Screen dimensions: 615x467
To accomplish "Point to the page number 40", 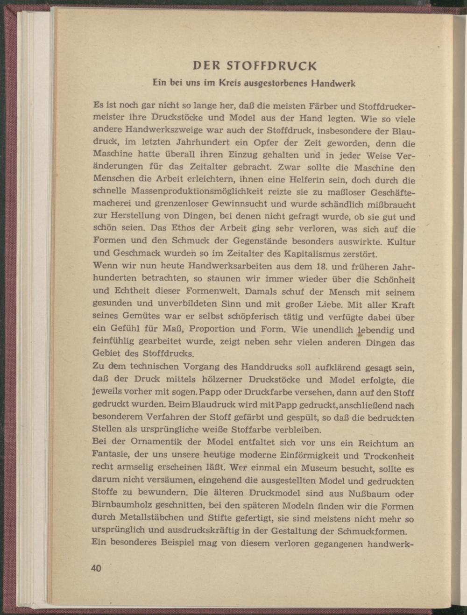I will point(96,568).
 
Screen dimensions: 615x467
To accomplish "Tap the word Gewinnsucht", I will point(240,204).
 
